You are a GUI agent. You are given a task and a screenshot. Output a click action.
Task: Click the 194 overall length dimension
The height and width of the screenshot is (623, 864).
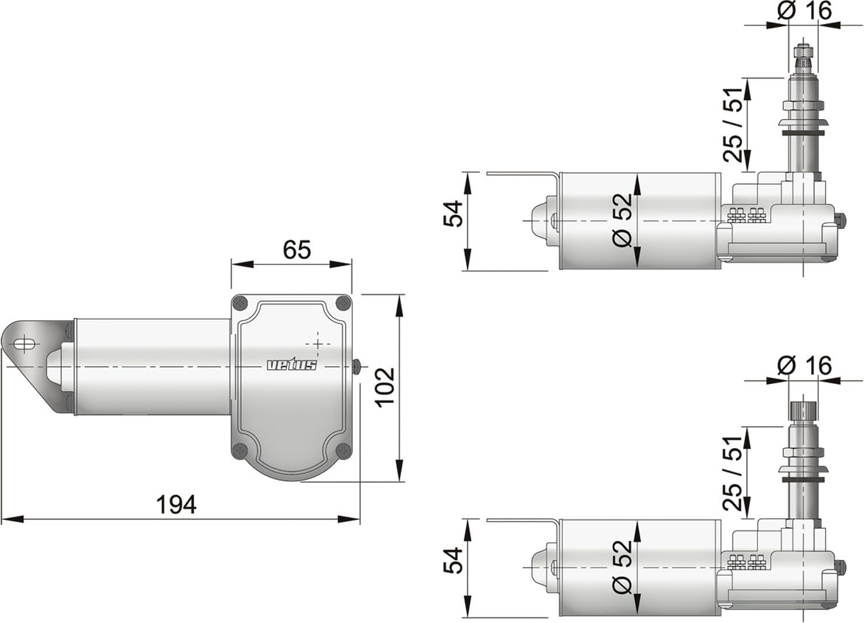pos(176,504)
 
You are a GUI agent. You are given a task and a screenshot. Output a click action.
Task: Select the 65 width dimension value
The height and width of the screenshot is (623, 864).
pos(297,250)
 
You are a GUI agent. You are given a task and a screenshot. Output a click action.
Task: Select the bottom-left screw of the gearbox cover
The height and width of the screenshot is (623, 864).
pos(240,451)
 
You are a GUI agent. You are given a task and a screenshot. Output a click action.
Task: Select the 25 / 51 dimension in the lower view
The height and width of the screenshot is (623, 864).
pos(733,472)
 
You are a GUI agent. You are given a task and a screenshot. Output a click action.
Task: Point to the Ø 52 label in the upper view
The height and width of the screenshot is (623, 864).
pos(622,221)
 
